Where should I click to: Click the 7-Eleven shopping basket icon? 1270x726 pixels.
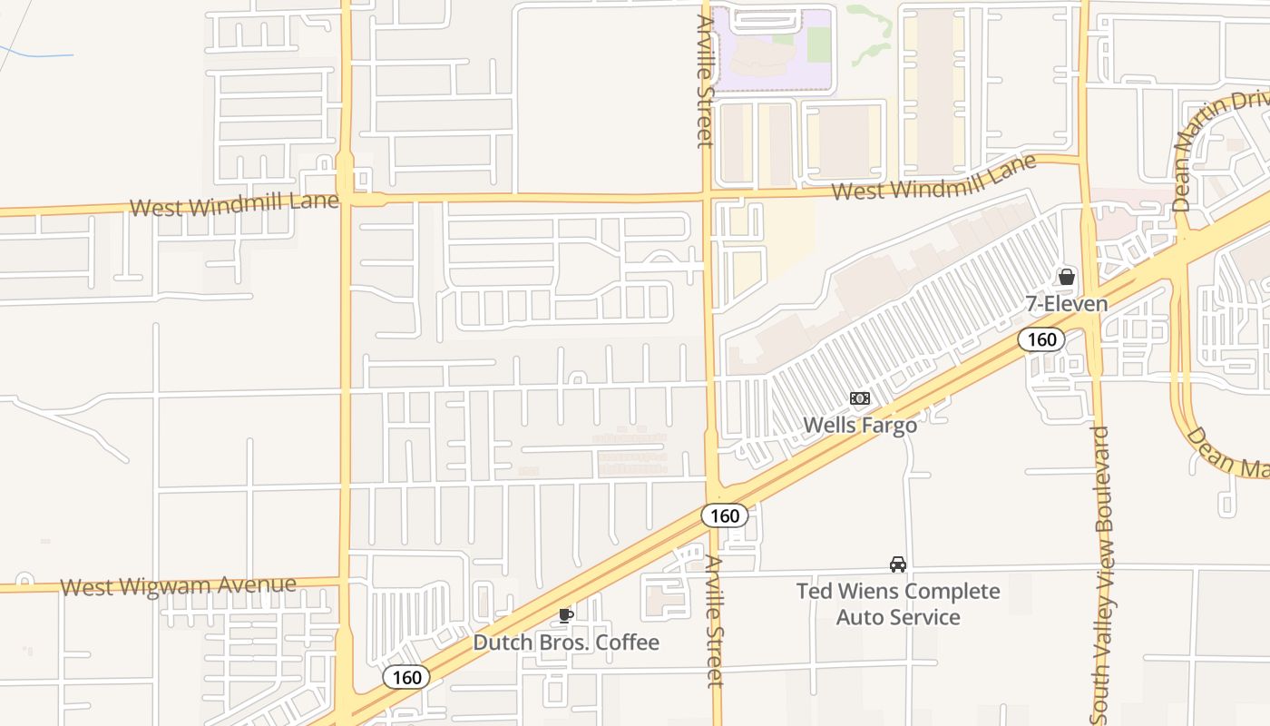pyautogui.click(x=1067, y=277)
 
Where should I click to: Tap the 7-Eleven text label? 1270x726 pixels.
pyautogui.click(x=1067, y=303)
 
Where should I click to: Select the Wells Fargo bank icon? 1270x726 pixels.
pyautogui.click(x=859, y=398)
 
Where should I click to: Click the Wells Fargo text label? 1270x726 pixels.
pyautogui.click(x=860, y=424)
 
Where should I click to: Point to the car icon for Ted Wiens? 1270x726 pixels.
pyautogui.click(x=898, y=564)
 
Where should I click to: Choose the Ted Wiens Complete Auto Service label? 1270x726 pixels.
pyautogui.click(x=898, y=604)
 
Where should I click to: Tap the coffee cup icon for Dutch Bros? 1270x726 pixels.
pyautogui.click(x=565, y=616)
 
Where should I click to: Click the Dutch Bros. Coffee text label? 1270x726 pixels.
pyautogui.click(x=566, y=643)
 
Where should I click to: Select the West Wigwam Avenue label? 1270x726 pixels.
pyautogui.click(x=178, y=585)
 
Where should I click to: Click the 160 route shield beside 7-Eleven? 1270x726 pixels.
pyautogui.click(x=1040, y=339)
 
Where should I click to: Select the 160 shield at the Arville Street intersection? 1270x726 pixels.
pyautogui.click(x=725, y=515)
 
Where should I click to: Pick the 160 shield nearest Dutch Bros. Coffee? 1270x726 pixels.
pyautogui.click(x=405, y=677)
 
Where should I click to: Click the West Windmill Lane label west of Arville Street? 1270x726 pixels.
pyautogui.click(x=234, y=204)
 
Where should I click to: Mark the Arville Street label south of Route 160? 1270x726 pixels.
pyautogui.click(x=716, y=622)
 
